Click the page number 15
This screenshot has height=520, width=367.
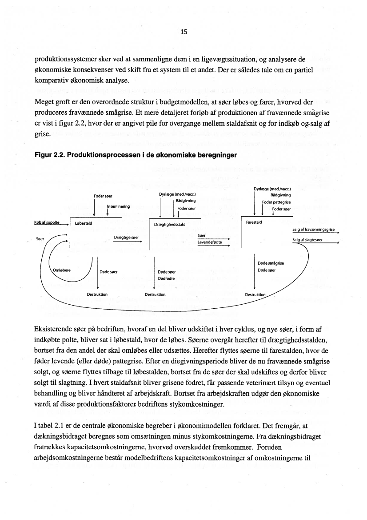tap(184, 32)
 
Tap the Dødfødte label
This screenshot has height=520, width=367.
tap(166, 278)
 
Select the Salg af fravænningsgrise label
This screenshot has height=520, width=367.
tap(313, 230)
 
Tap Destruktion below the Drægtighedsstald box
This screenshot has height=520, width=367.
tap(155, 294)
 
